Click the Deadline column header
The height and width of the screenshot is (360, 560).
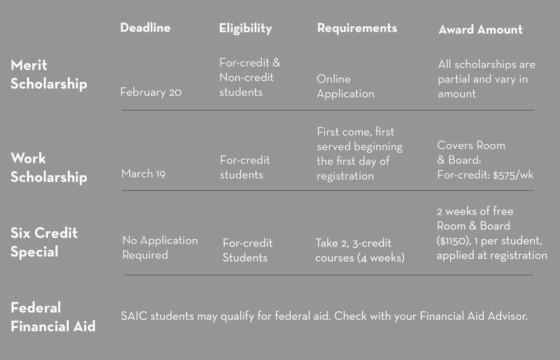145,27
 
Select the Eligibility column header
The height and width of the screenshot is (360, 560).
245,28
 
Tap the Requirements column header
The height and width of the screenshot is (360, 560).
357,28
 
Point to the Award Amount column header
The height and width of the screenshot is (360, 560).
480,30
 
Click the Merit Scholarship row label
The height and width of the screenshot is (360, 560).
49,74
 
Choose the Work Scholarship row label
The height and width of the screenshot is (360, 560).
49,167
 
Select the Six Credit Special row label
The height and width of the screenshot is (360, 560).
44,242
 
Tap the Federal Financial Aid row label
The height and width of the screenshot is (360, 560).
53,316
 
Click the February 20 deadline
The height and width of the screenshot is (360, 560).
151,92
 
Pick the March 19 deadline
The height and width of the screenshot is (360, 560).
143,174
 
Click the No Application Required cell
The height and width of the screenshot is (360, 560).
160,247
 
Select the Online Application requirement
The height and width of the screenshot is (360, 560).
345,86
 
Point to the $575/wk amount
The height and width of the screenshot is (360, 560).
514,175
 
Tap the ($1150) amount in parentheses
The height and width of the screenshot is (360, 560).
457,241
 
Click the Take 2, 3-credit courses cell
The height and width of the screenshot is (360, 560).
360,250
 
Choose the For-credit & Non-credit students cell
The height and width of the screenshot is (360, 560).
249,77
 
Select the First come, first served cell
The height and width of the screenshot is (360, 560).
359,154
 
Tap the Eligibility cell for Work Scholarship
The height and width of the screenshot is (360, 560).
245,167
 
